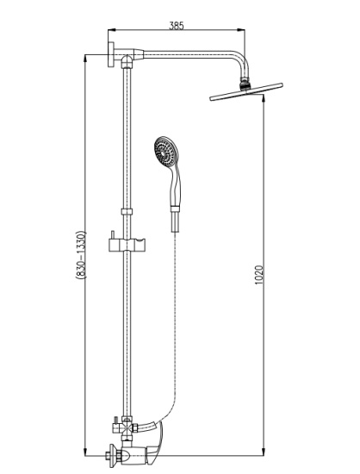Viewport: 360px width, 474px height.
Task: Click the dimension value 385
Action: pos(176,26)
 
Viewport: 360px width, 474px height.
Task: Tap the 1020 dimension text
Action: pos(259,276)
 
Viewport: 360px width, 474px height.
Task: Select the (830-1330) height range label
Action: pos(82,254)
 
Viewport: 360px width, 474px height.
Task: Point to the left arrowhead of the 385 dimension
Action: pos(112,30)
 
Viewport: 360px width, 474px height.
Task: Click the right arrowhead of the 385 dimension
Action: pos(241,30)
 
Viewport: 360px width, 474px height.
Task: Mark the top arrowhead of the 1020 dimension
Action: pos(264,98)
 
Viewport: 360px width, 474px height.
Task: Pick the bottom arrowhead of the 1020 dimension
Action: pos(264,458)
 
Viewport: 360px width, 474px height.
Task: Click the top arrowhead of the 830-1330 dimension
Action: pos(85,59)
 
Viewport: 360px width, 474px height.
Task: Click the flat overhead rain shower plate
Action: pos(246,91)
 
